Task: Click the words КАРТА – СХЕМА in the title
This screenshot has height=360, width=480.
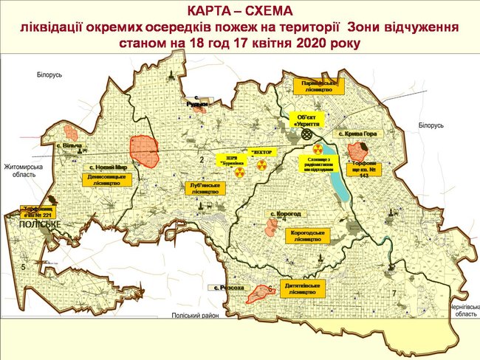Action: click(x=241, y=11)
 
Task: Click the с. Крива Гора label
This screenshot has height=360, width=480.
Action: click(x=358, y=134)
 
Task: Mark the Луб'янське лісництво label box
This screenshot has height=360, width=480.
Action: click(x=205, y=187)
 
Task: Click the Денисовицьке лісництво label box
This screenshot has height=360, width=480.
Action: click(x=106, y=180)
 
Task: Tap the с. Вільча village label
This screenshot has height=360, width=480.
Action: click(x=69, y=146)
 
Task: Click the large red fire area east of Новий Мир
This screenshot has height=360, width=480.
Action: click(x=144, y=150)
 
